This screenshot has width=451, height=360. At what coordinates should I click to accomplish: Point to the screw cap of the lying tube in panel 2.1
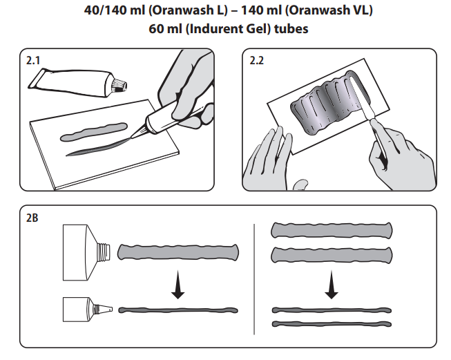pyautogui.click(x=119, y=86)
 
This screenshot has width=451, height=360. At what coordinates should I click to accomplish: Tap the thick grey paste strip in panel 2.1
pyautogui.click(x=93, y=129)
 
